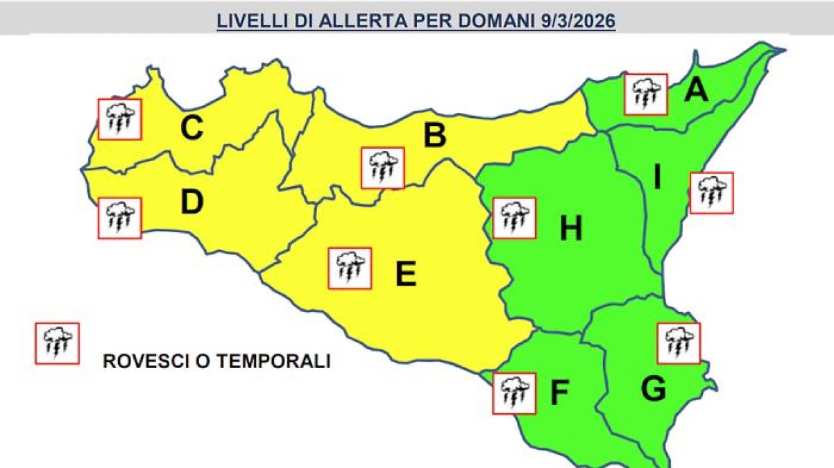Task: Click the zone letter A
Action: click(696, 90)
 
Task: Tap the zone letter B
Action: click(434, 135)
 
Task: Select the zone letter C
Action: click(192, 128)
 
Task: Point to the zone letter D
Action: click(192, 202)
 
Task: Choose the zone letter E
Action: click(405, 275)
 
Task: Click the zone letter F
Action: click(559, 394)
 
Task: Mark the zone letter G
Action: click(653, 390)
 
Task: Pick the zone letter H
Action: click(571, 229)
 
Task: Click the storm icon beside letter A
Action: click(646, 94)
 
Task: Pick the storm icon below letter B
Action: click(382, 168)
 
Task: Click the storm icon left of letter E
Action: click(350, 268)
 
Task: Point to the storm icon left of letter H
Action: click(513, 218)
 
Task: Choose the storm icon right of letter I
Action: click(711, 193)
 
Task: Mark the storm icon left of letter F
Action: click(513, 393)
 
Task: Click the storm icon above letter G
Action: click(678, 343)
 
